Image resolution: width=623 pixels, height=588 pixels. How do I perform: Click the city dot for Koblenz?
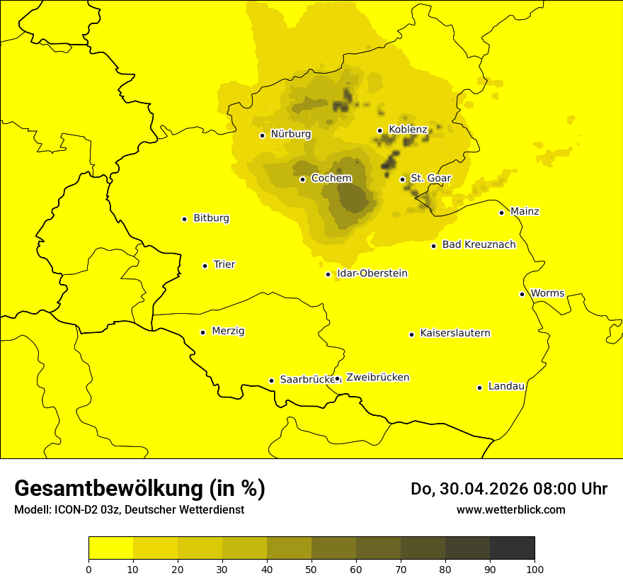tap(380, 130)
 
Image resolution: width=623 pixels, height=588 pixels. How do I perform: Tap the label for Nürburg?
tap(290, 134)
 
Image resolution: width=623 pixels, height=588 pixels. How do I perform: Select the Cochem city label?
tap(331, 179)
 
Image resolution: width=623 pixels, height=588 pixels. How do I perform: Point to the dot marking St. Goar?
tap(403, 179)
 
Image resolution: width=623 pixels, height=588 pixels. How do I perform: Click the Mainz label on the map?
tap(525, 212)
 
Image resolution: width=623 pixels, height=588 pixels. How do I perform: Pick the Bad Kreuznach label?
tap(479, 245)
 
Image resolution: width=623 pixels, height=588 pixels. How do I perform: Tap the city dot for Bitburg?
tap(185, 219)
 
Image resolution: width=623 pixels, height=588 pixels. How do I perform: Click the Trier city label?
tap(224, 265)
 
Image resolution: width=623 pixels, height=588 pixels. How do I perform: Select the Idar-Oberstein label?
tap(372, 273)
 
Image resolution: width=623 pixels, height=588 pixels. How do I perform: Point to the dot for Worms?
tap(522, 294)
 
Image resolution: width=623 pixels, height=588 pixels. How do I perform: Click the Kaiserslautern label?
tap(455, 334)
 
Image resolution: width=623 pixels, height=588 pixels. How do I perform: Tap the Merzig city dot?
tap(203, 332)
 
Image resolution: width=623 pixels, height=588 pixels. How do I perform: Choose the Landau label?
tap(506, 387)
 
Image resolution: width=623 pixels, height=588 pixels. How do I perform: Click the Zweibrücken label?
tap(377, 378)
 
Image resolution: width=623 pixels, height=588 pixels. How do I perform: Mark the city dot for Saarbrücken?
tap(271, 380)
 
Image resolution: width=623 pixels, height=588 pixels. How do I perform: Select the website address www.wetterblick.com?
tap(510, 510)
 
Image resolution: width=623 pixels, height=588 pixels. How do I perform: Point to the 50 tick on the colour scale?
tap(311, 568)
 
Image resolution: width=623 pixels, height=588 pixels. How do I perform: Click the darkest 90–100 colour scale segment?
tap(512, 548)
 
